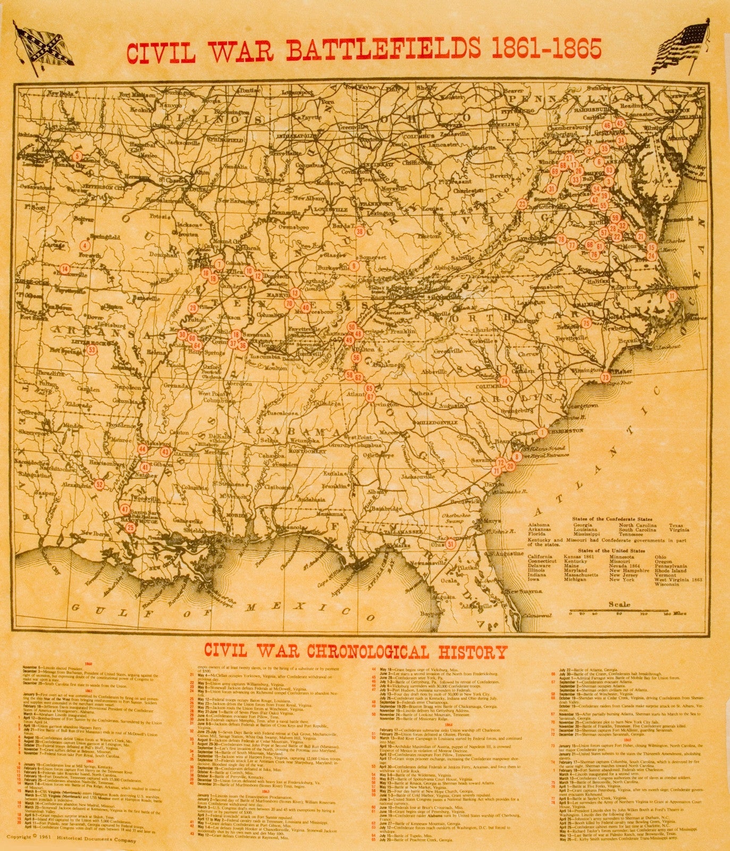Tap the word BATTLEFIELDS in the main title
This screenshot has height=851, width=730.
(x=383, y=49)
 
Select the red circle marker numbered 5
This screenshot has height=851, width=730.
(x=77, y=156)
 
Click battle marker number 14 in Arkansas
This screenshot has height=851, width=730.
(x=65, y=269)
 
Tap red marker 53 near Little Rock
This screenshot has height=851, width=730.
(x=92, y=350)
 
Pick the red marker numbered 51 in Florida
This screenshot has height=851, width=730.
(x=451, y=544)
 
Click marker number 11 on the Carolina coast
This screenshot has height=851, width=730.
(x=672, y=296)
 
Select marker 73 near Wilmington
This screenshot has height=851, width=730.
(x=605, y=377)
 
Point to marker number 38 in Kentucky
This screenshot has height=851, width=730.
(x=360, y=231)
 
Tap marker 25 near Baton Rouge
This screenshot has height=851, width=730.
(x=131, y=528)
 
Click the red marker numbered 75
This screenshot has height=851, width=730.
(x=586, y=323)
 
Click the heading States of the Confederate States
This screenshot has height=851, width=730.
(x=611, y=518)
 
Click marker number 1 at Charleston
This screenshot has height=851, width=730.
(x=542, y=432)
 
